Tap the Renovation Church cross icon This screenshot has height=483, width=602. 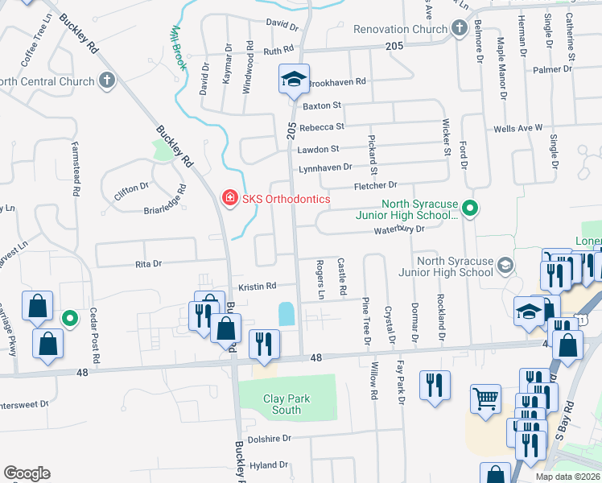pyautogui.click(x=460, y=29)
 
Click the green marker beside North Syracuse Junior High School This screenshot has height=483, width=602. pyautogui.click(x=472, y=209)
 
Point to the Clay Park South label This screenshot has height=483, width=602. pyautogui.click(x=287, y=404)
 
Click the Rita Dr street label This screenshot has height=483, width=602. pyautogui.click(x=148, y=263)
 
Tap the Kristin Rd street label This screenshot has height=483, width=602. pyautogui.click(x=257, y=286)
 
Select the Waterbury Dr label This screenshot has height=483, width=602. pyautogui.click(x=398, y=229)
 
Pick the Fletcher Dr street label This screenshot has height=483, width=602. pyautogui.click(x=376, y=186)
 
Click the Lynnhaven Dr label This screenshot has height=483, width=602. pyautogui.click(x=325, y=167)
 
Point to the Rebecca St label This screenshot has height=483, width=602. pyautogui.click(x=321, y=126)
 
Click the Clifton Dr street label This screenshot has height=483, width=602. pyautogui.click(x=132, y=186)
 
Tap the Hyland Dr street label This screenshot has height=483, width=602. pyautogui.click(x=268, y=465)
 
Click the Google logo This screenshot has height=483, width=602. pyautogui.click(x=27, y=473)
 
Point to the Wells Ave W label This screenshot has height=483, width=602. pyautogui.click(x=517, y=127)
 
